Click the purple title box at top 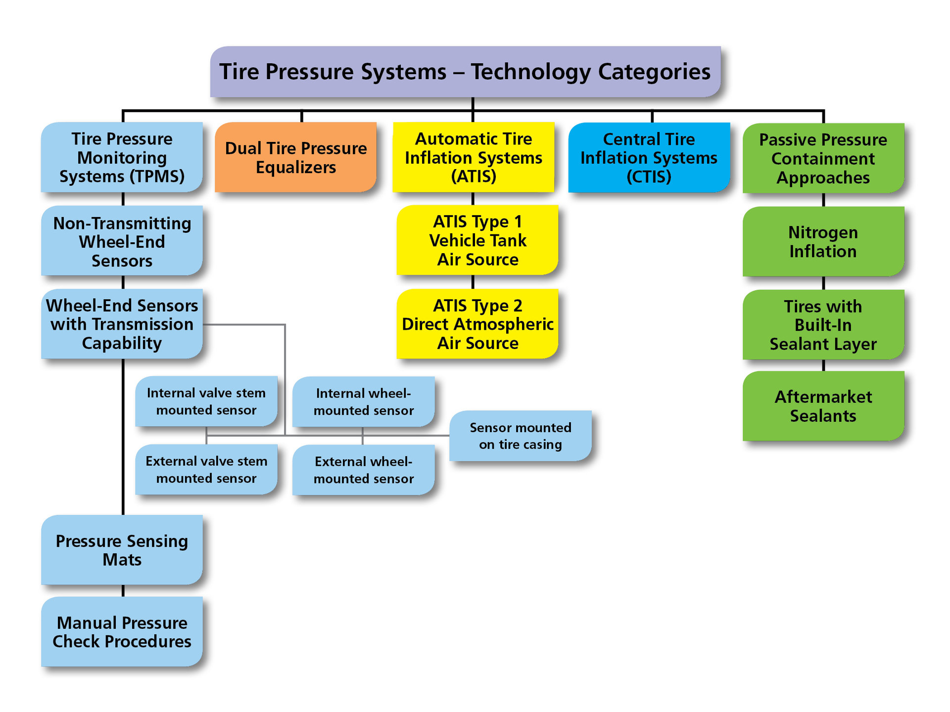[x=465, y=72]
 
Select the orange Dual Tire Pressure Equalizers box [x=296, y=157]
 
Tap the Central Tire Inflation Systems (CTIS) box [x=649, y=157]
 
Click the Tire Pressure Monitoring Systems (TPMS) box [x=122, y=157]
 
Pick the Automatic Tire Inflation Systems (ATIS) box [x=473, y=157]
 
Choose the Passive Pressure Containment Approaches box [x=823, y=158]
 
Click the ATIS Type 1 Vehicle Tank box [x=477, y=240]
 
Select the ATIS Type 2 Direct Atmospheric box [x=477, y=324]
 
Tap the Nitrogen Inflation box [x=823, y=241]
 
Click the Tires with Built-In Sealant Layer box [x=823, y=325]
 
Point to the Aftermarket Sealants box [x=823, y=406]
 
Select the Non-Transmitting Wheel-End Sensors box [x=122, y=241]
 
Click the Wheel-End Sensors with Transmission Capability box [x=122, y=324]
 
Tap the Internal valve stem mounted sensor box [x=206, y=401]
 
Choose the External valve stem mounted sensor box [x=206, y=469]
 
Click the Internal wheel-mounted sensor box [x=363, y=401]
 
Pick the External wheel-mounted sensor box [x=363, y=470]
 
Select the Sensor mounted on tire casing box [x=520, y=436]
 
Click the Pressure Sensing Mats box [x=122, y=550]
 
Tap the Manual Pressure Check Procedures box [x=122, y=631]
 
